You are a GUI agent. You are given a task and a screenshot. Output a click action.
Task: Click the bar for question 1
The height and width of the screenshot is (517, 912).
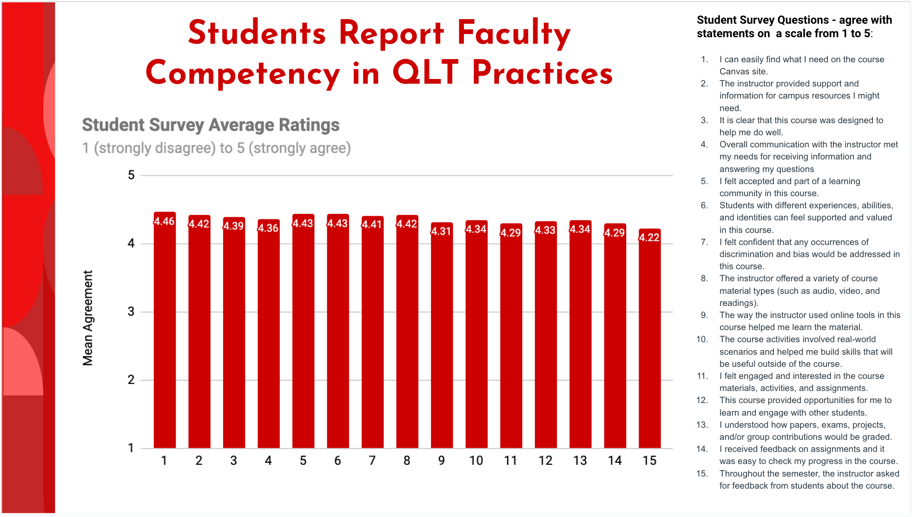pyautogui.click(x=165, y=335)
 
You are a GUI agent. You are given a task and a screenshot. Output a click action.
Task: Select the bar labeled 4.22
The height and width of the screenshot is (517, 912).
pyautogui.click(x=649, y=344)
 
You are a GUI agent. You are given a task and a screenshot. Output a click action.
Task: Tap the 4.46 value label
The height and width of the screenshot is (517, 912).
pyautogui.click(x=165, y=221)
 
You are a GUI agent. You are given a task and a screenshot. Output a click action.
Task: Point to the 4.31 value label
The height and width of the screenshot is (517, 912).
pyautogui.click(x=441, y=231)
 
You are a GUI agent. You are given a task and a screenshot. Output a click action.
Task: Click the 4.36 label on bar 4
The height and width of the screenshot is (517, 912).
pyautogui.click(x=268, y=228)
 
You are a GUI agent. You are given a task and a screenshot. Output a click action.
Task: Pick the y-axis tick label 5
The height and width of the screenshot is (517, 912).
pyautogui.click(x=131, y=175)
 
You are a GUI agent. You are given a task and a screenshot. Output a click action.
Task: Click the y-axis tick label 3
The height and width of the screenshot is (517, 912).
pyautogui.click(x=131, y=312)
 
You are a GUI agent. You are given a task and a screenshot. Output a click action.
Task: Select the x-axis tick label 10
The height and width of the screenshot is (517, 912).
pyautogui.click(x=476, y=461)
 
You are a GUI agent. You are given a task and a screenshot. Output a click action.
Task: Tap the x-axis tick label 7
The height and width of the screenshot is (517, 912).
pyautogui.click(x=372, y=461)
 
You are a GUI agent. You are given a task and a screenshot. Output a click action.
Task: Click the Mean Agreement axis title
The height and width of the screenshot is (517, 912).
pyautogui.click(x=88, y=318)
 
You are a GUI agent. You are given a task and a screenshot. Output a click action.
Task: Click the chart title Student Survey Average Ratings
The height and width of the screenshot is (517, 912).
pyautogui.click(x=211, y=125)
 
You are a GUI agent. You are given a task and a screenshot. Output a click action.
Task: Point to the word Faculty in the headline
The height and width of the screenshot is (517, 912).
pyautogui.click(x=514, y=33)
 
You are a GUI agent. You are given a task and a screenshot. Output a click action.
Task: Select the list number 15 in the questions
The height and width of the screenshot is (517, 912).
pyautogui.click(x=701, y=474)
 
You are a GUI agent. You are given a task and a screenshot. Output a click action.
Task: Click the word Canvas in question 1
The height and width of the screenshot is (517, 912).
pyautogui.click(x=734, y=72)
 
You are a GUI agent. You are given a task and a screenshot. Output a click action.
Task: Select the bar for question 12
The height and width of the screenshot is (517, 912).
pyautogui.click(x=545, y=339)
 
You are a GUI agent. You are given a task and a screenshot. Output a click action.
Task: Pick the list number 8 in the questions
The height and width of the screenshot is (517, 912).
pyautogui.click(x=704, y=278)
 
